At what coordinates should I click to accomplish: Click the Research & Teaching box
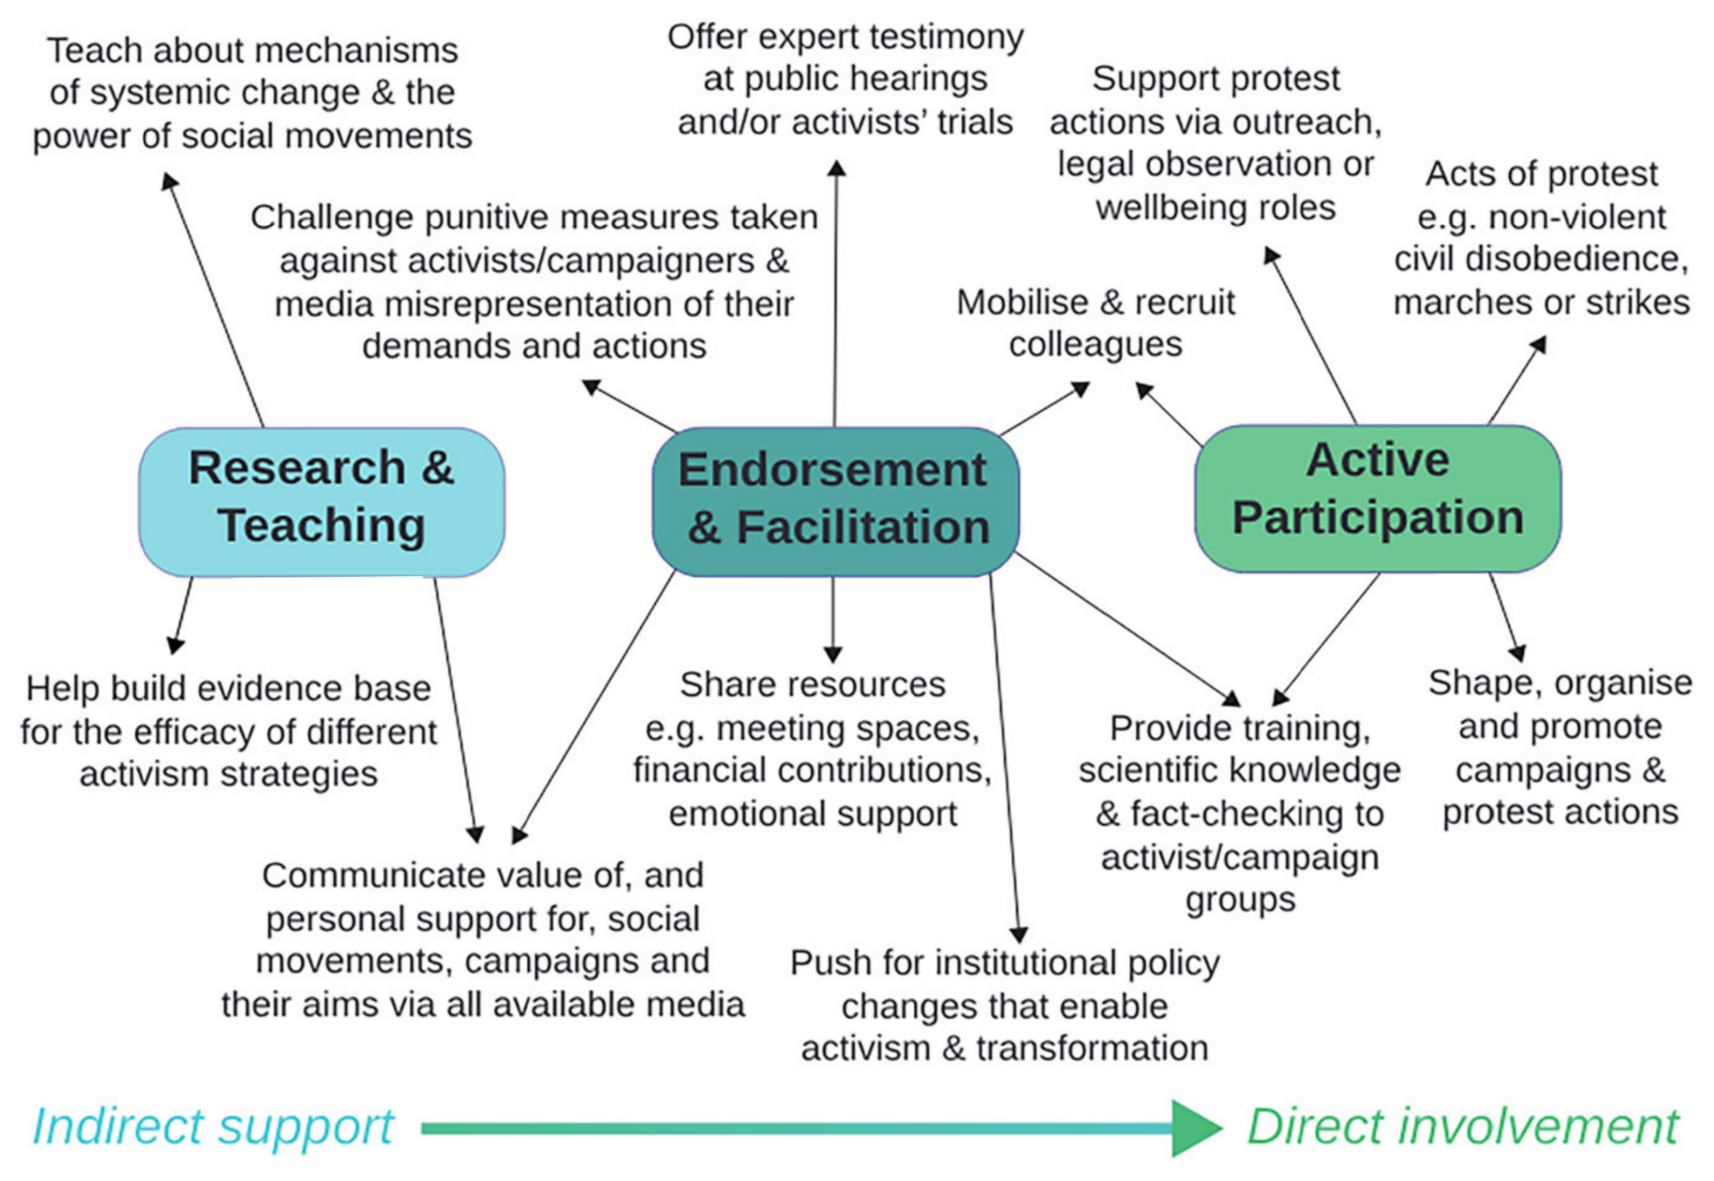322,501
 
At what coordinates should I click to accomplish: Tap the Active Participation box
1377,498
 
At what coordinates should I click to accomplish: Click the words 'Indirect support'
213,1126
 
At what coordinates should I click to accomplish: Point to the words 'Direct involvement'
1463,1126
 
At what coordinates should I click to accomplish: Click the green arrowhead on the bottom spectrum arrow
1195,1128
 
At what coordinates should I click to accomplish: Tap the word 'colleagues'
1096,345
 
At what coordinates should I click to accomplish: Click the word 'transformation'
1092,1049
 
